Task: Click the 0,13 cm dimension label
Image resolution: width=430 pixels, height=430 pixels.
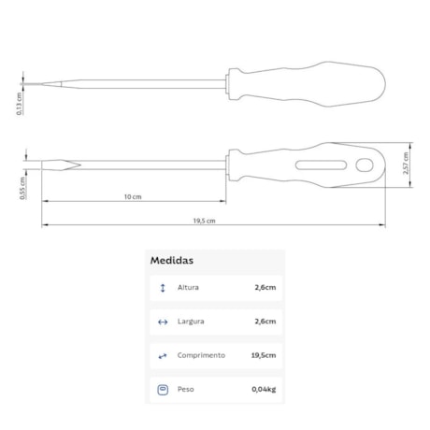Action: click(20, 104)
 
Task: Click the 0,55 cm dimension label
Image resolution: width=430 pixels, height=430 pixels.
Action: click(22, 188)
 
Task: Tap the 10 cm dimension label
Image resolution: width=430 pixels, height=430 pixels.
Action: click(133, 197)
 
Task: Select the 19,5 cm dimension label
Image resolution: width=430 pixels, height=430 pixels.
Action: click(204, 221)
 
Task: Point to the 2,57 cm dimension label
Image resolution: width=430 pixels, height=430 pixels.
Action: click(406, 164)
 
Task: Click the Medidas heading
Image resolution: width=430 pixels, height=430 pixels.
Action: click(172, 261)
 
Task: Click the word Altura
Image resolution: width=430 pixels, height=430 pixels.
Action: click(188, 287)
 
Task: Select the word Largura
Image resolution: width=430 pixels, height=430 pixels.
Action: click(191, 322)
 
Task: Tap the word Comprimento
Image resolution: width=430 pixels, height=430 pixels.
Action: click(201, 355)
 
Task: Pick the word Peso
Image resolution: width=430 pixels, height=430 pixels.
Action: click(186, 389)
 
